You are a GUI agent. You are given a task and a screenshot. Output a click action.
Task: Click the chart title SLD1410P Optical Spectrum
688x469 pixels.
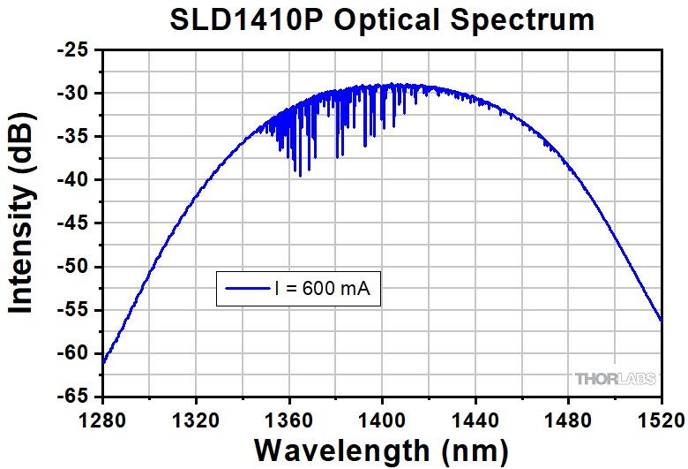coord(381,20)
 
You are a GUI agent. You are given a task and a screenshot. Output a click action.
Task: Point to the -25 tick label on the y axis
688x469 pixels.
coord(74,51)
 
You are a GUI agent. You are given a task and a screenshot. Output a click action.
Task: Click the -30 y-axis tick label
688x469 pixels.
coord(74,94)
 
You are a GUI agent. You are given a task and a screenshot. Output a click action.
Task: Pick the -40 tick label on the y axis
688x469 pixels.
coord(74,180)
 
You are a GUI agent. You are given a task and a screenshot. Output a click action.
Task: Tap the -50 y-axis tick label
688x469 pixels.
coord(74,267)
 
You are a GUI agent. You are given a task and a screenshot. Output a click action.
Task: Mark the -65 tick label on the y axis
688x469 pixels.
coord(74,397)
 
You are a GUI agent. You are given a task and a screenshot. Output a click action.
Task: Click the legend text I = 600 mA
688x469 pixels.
coord(329,288)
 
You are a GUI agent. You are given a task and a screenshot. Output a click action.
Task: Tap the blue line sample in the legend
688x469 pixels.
coord(246,288)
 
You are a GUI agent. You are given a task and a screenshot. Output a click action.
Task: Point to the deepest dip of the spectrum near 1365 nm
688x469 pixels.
coord(300,175)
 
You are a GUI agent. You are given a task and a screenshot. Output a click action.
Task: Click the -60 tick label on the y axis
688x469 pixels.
coord(74,353)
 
